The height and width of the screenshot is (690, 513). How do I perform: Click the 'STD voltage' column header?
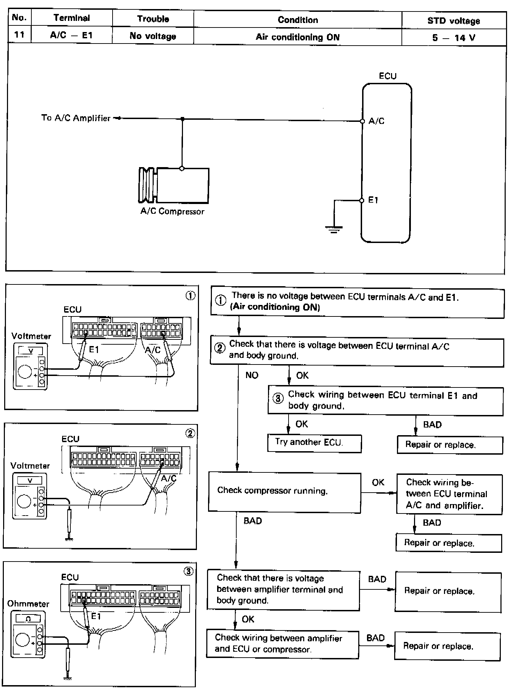pos(453,21)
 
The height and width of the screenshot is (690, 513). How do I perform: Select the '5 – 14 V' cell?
pos(453,38)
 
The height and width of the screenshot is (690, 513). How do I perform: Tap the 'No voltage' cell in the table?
pos(153,36)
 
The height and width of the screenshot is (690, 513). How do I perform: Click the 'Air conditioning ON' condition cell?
pos(297,37)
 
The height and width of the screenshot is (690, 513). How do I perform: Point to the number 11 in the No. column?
pos(20,35)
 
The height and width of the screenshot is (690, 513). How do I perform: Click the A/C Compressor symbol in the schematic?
pos(174,185)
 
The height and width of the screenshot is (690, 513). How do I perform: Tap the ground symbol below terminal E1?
pos(334,229)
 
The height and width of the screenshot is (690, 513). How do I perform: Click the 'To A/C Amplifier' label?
pos(76,118)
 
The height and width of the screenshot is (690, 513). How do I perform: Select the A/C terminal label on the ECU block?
pos(376,121)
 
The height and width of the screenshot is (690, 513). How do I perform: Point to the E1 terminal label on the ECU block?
pos(373,200)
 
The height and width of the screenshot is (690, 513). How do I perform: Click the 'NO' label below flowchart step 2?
pos(252,375)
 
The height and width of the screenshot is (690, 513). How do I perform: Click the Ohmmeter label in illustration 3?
pos(28,604)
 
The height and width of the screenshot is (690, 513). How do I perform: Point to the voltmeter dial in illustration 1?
pos(25,371)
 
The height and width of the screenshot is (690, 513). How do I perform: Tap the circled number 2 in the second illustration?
pos(190,433)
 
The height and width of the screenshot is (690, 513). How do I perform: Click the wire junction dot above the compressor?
pos(182,119)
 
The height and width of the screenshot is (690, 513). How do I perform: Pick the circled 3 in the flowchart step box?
pos(278,399)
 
